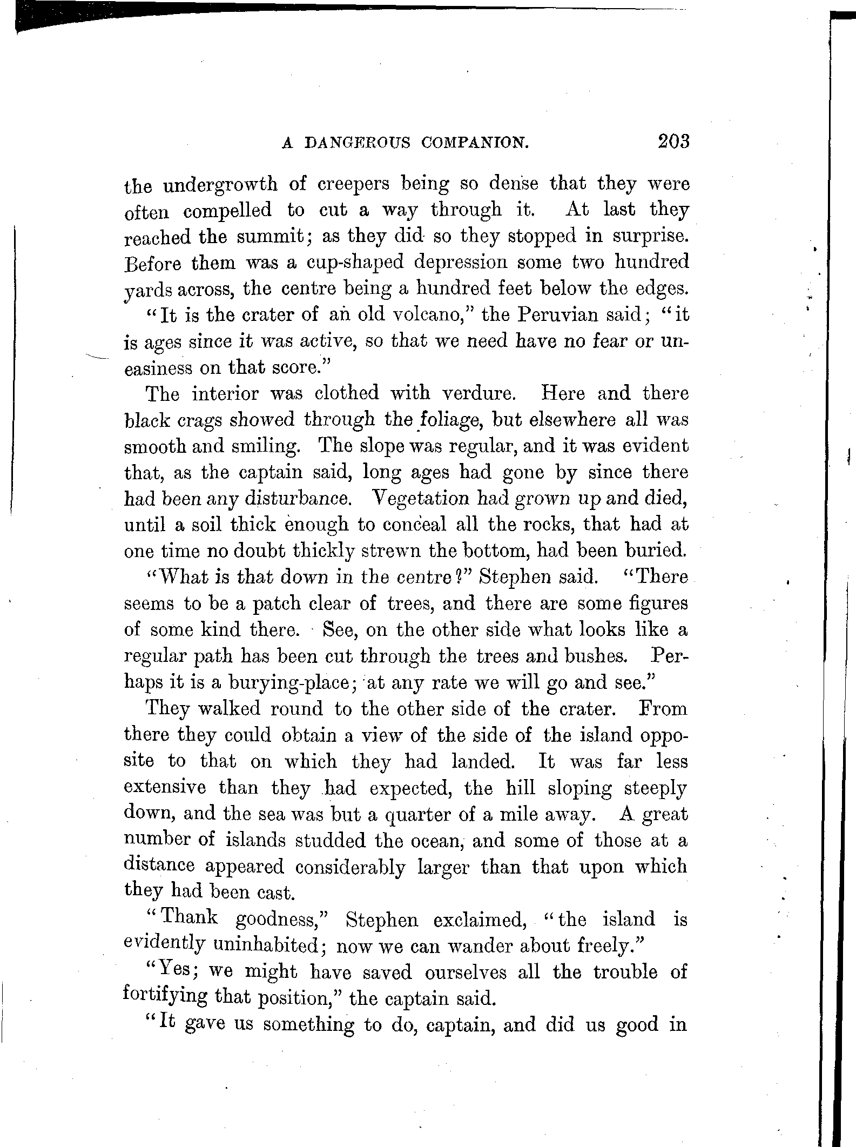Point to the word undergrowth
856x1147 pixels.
click(220, 185)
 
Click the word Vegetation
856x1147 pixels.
click(419, 498)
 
